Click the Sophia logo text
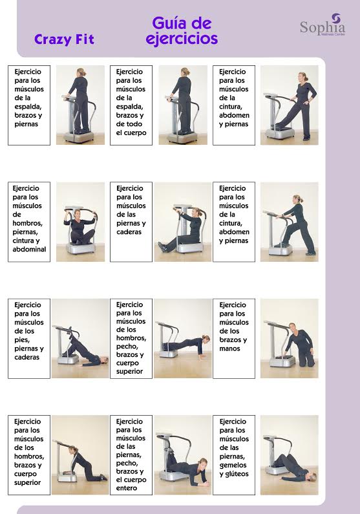pyautogui.click(x=323, y=28)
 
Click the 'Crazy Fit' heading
pyautogui.click(x=64, y=39)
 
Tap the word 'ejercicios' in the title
pyautogui.click(x=182, y=39)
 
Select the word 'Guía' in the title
pyautogui.click(x=169, y=23)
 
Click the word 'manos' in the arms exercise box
pyautogui.click(x=229, y=348)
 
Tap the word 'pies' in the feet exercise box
pyautogui.click(x=22, y=340)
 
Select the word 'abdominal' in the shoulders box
pyautogui.click(x=29, y=249)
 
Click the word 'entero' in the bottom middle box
pyautogui.click(x=127, y=488)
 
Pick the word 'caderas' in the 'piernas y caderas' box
pyautogui.click(x=129, y=232)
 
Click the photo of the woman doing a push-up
pyautogui.click(x=182, y=338)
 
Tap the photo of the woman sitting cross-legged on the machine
pyautogui.click(x=80, y=222)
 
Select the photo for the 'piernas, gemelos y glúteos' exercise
pyautogui.click(x=290, y=455)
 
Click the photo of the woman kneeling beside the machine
pyautogui.click(x=290, y=338)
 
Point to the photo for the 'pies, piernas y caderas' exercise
pyautogui.click(x=80, y=338)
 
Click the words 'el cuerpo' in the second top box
pyautogui.click(x=131, y=133)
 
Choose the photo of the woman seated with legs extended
pyautogui.click(x=182, y=222)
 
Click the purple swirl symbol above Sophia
pyautogui.click(x=337, y=17)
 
